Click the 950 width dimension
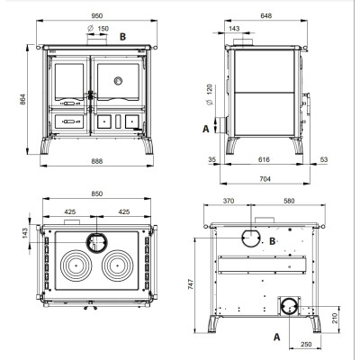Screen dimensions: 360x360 click(x=97, y=16)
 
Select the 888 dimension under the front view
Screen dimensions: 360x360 click(x=97, y=161)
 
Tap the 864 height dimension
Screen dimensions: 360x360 click(x=22, y=99)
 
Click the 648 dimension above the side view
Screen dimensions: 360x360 click(x=266, y=15)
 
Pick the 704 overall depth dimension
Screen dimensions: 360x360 click(x=265, y=179)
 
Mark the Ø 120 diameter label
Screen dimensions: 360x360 click(x=210, y=94)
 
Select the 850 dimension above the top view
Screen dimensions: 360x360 click(x=97, y=193)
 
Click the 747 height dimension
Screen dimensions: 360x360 click(x=191, y=283)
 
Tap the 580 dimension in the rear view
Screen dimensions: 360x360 click(x=289, y=201)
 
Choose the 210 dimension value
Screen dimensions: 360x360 click(x=335, y=318)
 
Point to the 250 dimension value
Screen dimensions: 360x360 click(x=306, y=345)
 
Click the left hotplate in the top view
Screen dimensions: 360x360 click(x=76, y=265)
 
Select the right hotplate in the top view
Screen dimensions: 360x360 click(x=117, y=265)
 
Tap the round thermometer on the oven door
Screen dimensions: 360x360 click(x=118, y=81)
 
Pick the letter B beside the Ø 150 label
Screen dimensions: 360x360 click(x=122, y=37)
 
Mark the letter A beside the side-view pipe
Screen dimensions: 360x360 click(x=206, y=129)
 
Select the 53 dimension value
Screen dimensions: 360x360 click(x=324, y=159)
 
